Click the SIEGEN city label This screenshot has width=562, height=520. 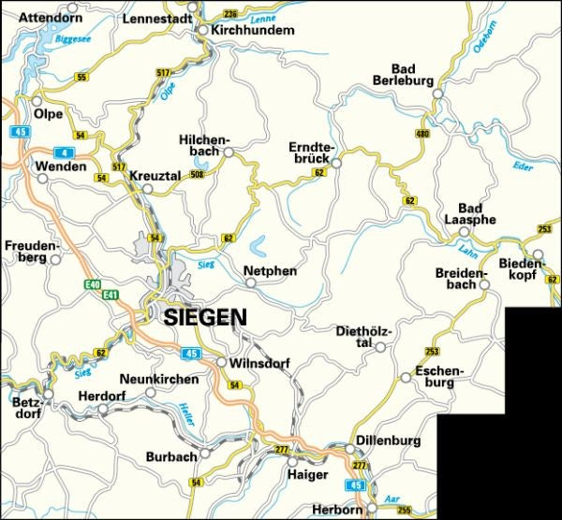pyautogui.click(x=205, y=317)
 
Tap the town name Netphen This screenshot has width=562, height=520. pyautogui.click(x=270, y=271)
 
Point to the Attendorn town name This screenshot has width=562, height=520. pyautogui.click(x=51, y=17)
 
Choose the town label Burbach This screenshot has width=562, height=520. pyautogui.click(x=171, y=456)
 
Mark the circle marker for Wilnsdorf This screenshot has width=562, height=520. pyautogui.click(x=221, y=362)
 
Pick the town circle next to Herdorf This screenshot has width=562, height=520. pyautogui.click(x=104, y=409)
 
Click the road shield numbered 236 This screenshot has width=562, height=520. pyautogui.click(x=230, y=14)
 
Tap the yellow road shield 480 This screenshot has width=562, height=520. pyautogui.click(x=422, y=135)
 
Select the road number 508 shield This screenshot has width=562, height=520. pyautogui.click(x=197, y=174)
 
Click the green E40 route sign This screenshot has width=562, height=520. pyautogui.click(x=92, y=283)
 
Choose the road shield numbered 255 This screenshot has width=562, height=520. pyautogui.click(x=404, y=510)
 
